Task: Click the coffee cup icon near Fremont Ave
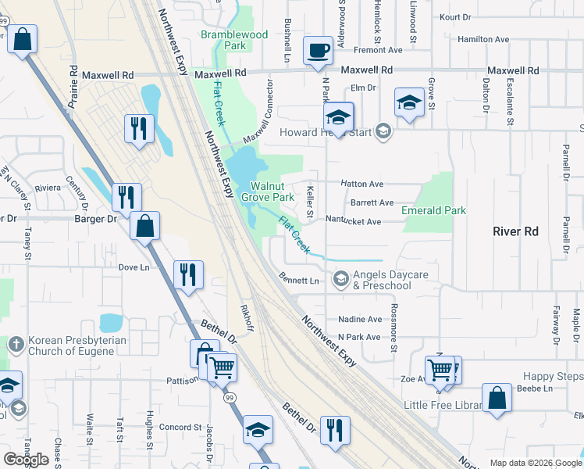coord(318,51)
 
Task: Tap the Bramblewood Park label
coord(234,40)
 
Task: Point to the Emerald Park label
coord(433,210)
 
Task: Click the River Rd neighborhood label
coord(516,231)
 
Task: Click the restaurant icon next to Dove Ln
coord(188,274)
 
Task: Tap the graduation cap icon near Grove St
coord(409,102)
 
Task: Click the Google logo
coord(27,459)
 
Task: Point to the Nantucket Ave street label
coord(353,222)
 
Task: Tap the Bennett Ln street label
coord(299,280)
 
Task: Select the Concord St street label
coord(180,427)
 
